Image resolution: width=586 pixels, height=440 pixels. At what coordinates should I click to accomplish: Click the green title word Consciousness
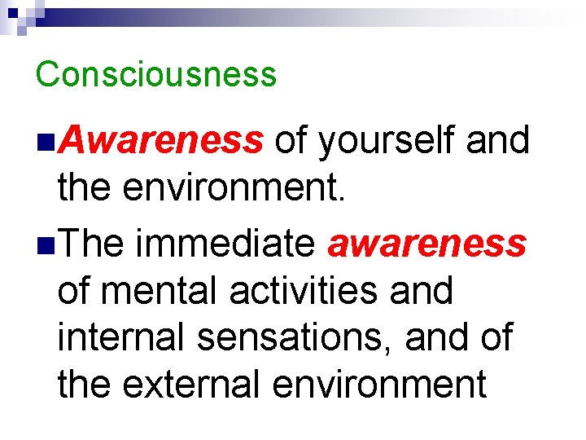156,74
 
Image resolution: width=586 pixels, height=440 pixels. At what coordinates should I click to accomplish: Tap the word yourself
387,142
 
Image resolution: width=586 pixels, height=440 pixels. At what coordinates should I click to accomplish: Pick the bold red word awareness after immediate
426,243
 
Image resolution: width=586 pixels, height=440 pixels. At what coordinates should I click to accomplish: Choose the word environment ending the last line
380,383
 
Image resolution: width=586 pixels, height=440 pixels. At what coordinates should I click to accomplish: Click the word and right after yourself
498,142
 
